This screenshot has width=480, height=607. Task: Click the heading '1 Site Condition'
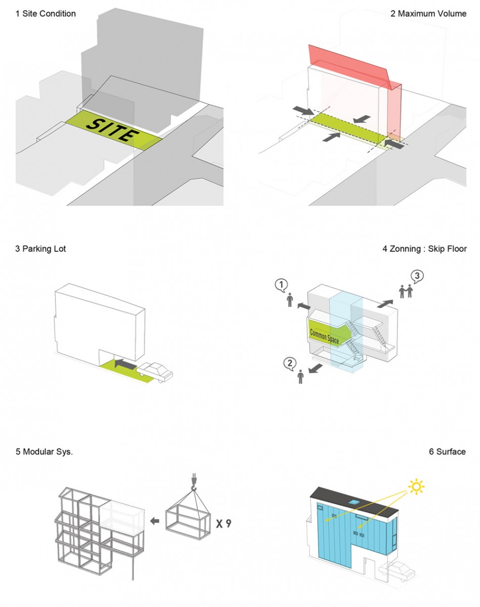(x=46, y=14)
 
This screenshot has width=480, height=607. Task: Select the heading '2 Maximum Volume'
(x=428, y=14)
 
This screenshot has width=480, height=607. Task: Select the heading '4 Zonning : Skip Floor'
(x=424, y=249)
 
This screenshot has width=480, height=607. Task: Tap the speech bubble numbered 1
(x=281, y=285)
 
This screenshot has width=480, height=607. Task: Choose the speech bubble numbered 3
(x=416, y=276)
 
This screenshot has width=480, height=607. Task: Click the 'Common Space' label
(x=324, y=336)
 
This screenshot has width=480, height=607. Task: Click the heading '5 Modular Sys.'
(x=44, y=452)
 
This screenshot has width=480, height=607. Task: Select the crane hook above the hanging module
(x=193, y=483)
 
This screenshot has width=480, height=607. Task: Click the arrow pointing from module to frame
(x=157, y=521)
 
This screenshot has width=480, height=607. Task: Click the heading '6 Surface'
(x=447, y=452)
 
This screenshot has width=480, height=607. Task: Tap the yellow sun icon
(x=416, y=487)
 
